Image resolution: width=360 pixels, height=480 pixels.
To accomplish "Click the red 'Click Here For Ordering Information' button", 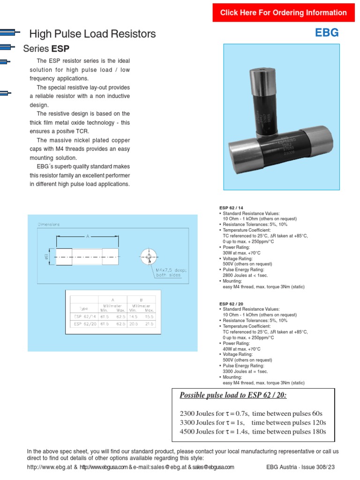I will pyautogui.click(x=284, y=13).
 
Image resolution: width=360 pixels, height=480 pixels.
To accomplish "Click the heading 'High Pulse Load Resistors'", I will pyautogui.click(x=92, y=34).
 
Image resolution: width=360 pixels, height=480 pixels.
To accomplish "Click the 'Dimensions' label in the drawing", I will pyautogui.click(x=49, y=225).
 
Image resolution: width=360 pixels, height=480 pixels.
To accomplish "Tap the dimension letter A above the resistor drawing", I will pyautogui.click(x=87, y=237).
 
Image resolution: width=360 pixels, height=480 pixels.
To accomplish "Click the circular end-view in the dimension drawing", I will pyautogui.click(x=148, y=256).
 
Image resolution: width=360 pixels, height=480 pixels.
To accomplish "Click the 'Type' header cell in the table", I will pyautogui.click(x=84, y=309).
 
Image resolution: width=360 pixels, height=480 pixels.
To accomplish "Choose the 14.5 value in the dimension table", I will pyautogui.click(x=134, y=317).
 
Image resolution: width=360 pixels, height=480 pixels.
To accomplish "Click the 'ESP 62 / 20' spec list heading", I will pyautogui.click(x=231, y=304).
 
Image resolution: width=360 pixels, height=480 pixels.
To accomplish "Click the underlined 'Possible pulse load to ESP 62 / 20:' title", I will pyautogui.click(x=233, y=395).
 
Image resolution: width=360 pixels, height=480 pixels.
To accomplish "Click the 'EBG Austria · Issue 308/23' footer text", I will pyautogui.click(x=300, y=467).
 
